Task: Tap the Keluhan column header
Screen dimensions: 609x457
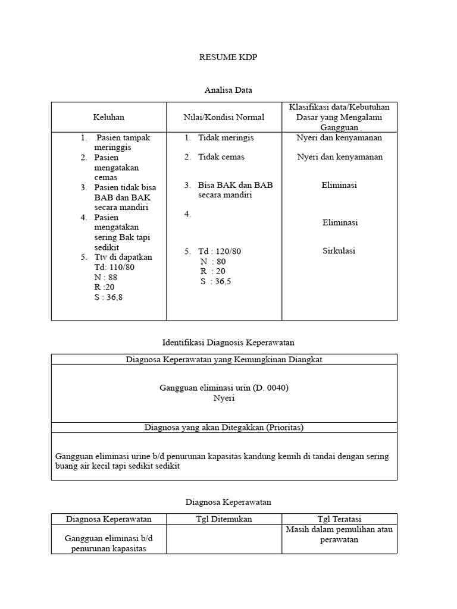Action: pyautogui.click(x=108, y=117)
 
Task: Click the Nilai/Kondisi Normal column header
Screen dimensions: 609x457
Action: pyautogui.click(x=224, y=117)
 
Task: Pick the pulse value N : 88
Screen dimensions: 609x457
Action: pyautogui.click(x=106, y=277)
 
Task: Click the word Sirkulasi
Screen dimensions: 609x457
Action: pyautogui.click(x=339, y=250)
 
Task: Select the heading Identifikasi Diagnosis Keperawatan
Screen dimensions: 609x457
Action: pyautogui.click(x=228, y=343)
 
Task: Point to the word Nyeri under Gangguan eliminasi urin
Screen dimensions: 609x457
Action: pyautogui.click(x=224, y=398)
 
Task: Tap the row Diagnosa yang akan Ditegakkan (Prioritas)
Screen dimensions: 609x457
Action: pyautogui.click(x=224, y=427)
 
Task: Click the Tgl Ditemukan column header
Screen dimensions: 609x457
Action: pyautogui.click(x=224, y=519)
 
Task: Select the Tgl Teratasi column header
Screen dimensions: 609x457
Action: pyautogui.click(x=340, y=519)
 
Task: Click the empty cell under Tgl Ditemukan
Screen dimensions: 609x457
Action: pyautogui.click(x=224, y=539)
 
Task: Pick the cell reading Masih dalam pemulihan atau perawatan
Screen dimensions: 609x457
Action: pyautogui.click(x=340, y=534)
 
